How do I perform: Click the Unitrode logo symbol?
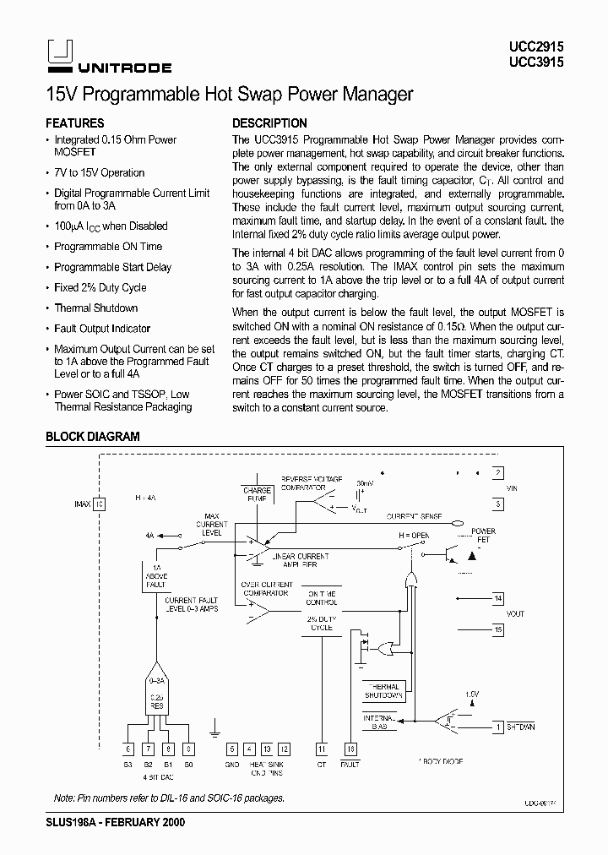[x=57, y=52]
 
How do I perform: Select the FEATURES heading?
[x=74, y=123]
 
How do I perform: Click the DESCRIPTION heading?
[x=269, y=123]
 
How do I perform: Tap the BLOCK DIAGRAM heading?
[x=92, y=437]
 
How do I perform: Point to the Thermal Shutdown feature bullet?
[x=95, y=308]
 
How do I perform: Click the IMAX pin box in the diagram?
[x=99, y=504]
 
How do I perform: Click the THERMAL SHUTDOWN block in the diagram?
[x=383, y=690]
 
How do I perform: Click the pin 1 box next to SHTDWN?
[x=498, y=727]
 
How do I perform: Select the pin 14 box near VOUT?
[x=498, y=598]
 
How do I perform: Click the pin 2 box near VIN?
[x=498, y=473]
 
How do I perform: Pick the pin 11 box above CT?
[x=321, y=749]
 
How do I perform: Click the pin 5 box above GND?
[x=232, y=749]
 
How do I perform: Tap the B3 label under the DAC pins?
[x=128, y=764]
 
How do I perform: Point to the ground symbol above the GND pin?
[x=215, y=725]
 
